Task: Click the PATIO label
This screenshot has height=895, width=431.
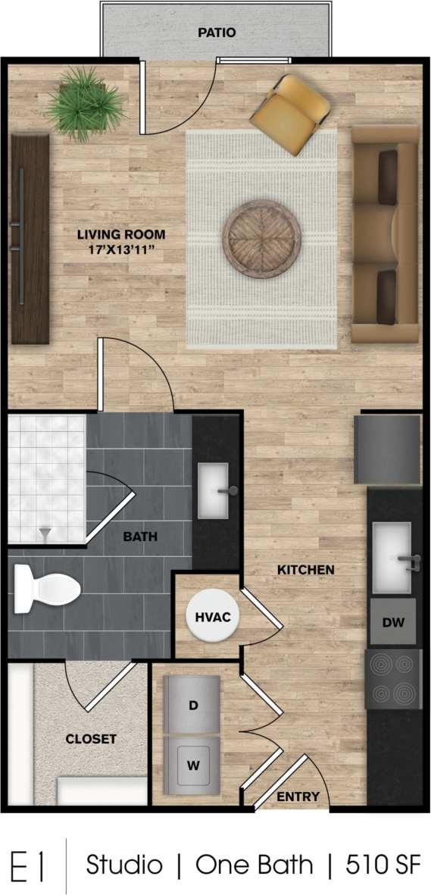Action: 217,33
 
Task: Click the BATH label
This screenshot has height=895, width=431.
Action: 140,537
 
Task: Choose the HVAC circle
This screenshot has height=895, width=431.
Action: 208,618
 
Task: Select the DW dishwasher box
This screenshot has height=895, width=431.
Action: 393,623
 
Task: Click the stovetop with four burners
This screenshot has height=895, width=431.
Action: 393,679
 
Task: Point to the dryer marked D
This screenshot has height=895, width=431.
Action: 193,705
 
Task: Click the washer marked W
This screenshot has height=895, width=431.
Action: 193,765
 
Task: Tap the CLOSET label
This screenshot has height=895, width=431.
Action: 91,739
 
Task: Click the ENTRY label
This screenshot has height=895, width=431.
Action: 298,796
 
